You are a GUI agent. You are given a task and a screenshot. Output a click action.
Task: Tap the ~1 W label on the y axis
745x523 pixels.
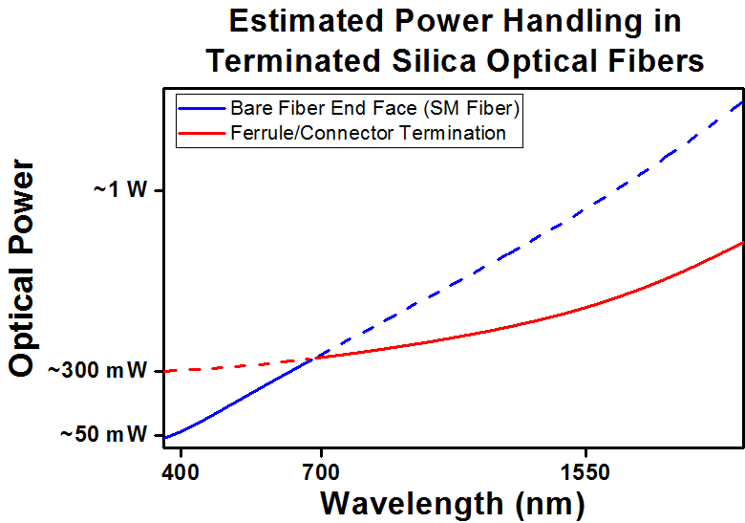click(x=120, y=190)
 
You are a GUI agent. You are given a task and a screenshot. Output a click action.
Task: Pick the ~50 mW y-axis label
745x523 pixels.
click(x=105, y=435)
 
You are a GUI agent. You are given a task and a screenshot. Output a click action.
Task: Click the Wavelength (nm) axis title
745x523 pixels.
click(x=451, y=502)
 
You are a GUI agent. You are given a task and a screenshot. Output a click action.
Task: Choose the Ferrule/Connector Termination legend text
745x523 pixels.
click(x=368, y=133)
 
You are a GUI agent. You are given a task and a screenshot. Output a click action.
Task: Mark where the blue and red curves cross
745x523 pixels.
click(x=313, y=358)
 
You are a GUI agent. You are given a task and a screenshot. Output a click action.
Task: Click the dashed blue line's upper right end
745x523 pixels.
click(x=742, y=101)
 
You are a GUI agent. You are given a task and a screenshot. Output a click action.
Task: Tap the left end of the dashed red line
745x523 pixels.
click(x=165, y=371)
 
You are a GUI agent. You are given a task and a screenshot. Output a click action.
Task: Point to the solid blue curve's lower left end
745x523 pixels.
click(x=165, y=438)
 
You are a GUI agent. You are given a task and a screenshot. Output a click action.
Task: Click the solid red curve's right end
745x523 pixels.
click(x=742, y=243)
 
